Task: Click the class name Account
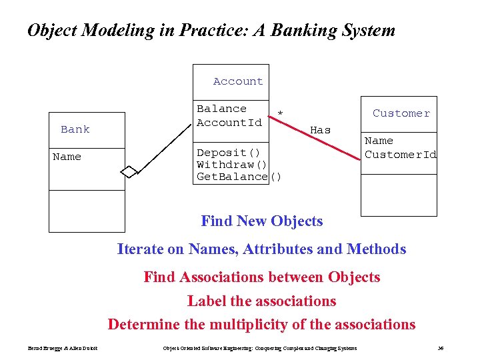click(x=238, y=81)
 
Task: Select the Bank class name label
click(x=75, y=129)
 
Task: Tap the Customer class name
click(x=401, y=113)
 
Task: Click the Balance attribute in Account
click(x=221, y=109)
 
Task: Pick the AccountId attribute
click(x=229, y=123)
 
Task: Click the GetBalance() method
click(x=239, y=177)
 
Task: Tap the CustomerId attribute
click(x=401, y=155)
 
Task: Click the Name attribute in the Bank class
click(x=67, y=157)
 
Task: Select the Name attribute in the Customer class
click(x=379, y=141)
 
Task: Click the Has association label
click(x=321, y=131)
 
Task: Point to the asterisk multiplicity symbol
click(x=280, y=114)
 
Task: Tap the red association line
click(x=313, y=137)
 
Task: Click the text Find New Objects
click(x=261, y=221)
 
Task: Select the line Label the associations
click(x=261, y=301)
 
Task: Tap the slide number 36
click(x=440, y=348)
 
